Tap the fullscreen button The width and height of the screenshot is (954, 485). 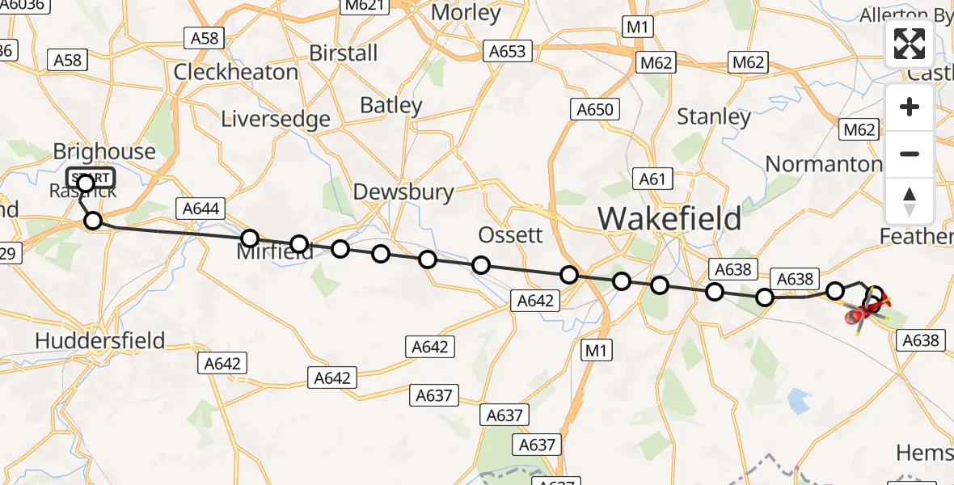click(x=910, y=44)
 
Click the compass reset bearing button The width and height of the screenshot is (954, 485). click(x=910, y=200)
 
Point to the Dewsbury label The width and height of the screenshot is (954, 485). click(x=403, y=192)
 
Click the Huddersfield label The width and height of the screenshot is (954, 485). click(x=100, y=341)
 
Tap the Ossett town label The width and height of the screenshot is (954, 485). click(x=510, y=235)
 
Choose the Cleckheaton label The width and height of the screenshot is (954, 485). click(x=236, y=72)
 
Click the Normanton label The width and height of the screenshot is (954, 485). click(x=823, y=164)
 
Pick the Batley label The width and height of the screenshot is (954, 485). click(x=391, y=105)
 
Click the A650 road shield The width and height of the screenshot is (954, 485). click(x=595, y=109)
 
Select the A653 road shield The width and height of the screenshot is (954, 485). click(x=507, y=52)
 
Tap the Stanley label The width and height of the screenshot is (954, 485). click(x=714, y=117)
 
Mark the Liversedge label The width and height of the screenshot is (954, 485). click(x=276, y=120)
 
